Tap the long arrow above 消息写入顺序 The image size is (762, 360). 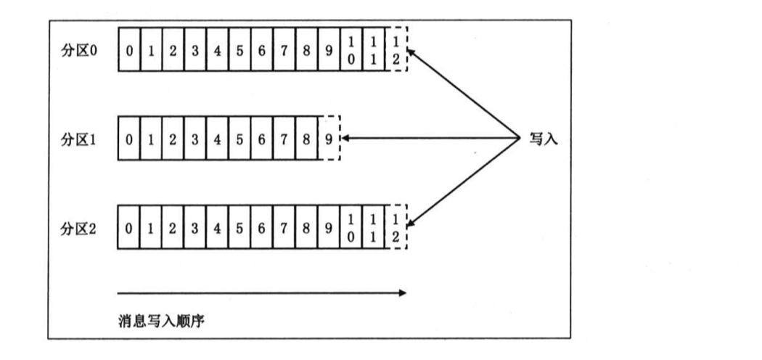click(x=261, y=293)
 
